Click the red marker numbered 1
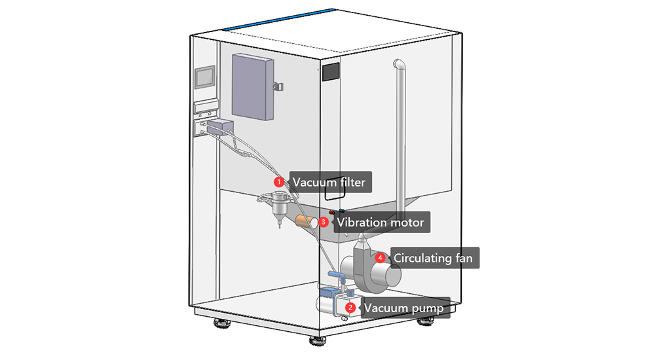pos(278,181)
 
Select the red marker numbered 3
pos(323,222)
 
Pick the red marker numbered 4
pos(380,258)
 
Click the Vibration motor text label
pos(381,223)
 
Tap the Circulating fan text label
pos(432,258)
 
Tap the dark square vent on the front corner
pos(331,72)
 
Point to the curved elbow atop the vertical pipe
pos(398,65)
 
